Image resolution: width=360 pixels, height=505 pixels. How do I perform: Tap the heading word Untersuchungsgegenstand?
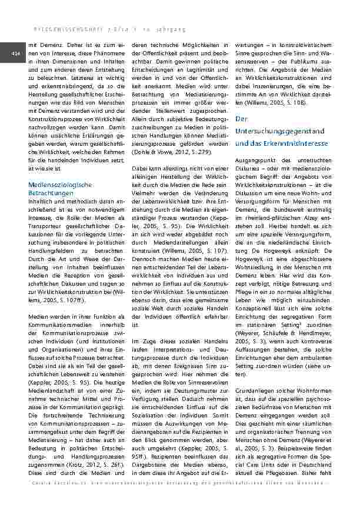tap(272, 131)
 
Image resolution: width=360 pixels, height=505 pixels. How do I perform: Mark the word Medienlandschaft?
tap(55, 382)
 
